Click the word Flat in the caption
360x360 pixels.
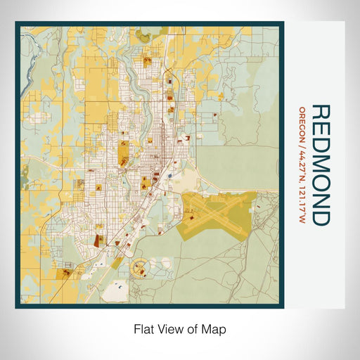(146, 328)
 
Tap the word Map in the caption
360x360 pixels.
(216, 328)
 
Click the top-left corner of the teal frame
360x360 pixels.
(17, 23)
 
